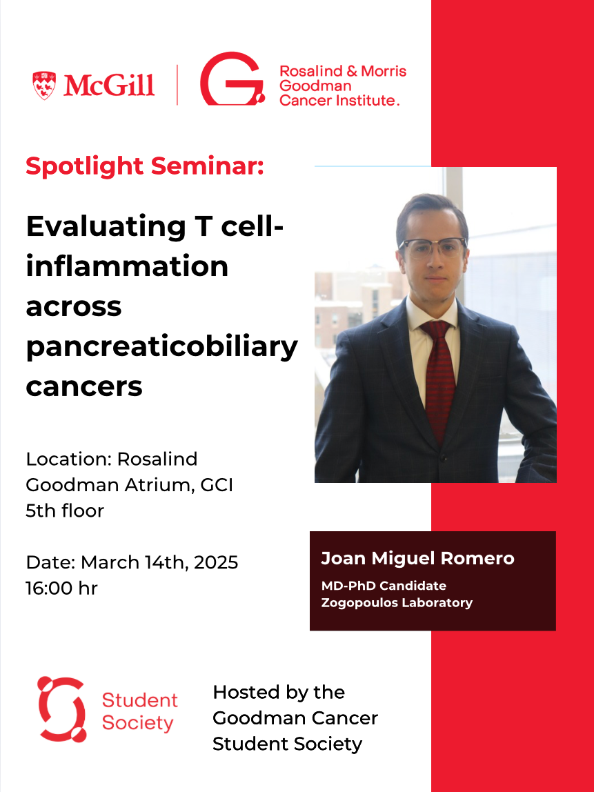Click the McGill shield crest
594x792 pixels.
[x=44, y=85]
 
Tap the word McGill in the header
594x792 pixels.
[x=108, y=86]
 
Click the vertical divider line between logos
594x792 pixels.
[x=177, y=85]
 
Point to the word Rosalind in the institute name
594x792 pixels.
[x=311, y=71]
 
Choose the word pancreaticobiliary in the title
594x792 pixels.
[x=161, y=348]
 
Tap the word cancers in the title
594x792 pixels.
[x=84, y=387]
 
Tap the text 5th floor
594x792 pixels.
[x=65, y=511]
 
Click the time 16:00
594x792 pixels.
[x=49, y=588]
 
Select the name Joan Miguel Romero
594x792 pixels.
[x=417, y=558]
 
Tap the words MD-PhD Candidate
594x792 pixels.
[x=384, y=586]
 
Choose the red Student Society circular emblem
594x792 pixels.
[x=61, y=709]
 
